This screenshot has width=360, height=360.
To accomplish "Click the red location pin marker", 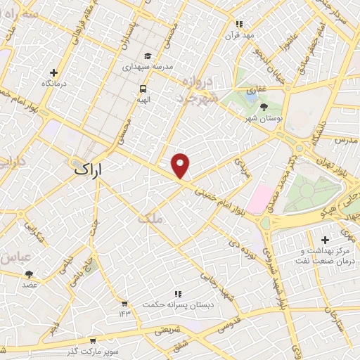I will coord(181,165).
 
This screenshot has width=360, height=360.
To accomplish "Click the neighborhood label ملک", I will coord(150,219).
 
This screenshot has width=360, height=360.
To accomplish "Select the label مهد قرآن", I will coord(238,34).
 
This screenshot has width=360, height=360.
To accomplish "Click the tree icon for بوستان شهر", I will coord(264,107).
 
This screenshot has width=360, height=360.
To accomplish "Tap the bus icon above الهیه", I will coord(143,89).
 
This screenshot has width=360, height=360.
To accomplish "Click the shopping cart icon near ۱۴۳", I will coord(124,303).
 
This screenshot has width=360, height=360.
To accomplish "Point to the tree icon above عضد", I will coord(29,274).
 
